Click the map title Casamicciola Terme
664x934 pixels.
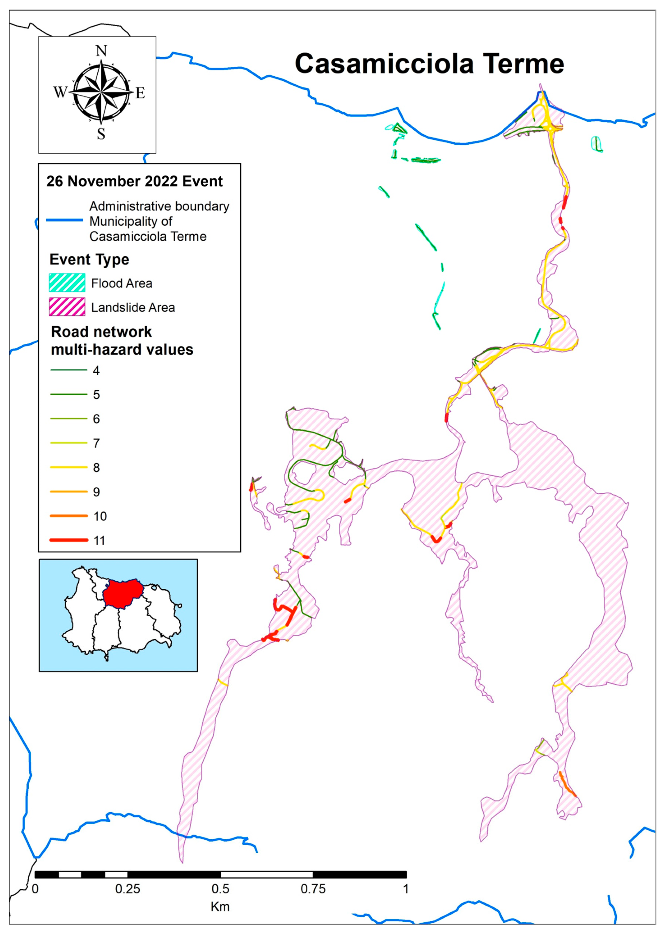click(x=429, y=64)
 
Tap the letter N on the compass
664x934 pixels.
click(x=101, y=51)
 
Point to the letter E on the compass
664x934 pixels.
click(x=140, y=93)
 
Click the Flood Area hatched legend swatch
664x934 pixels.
click(x=67, y=283)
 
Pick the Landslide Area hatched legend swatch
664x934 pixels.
click(x=67, y=307)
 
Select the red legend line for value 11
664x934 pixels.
click(x=69, y=540)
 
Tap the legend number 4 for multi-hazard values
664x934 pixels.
click(x=96, y=371)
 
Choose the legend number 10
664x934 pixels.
click(x=100, y=516)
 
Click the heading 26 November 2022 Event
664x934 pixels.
click(x=135, y=181)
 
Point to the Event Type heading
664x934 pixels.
click(x=89, y=260)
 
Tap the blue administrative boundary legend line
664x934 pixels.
click(x=65, y=220)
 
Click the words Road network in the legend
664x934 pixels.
click(x=101, y=332)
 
